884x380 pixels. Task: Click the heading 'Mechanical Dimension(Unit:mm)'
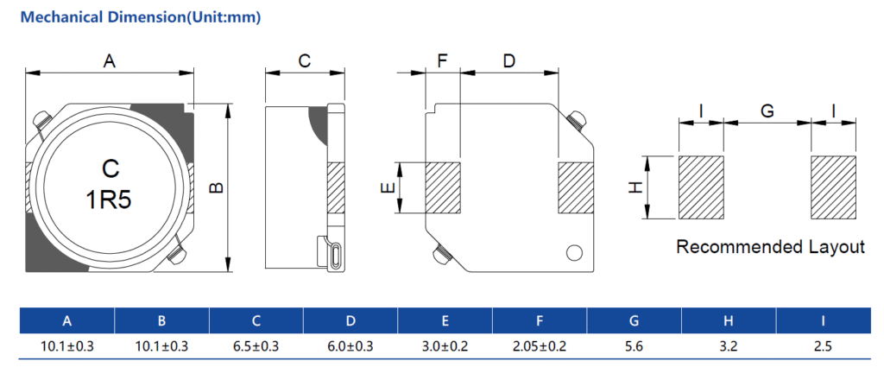140,17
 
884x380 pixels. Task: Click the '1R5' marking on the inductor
110,201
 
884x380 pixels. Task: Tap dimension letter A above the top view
109,61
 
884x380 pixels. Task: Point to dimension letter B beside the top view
217,187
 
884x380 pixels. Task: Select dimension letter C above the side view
304,61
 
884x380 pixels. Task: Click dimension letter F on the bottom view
443,61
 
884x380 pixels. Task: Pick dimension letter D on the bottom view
508,61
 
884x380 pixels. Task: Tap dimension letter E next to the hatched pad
388,187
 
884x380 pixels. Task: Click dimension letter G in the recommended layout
767,111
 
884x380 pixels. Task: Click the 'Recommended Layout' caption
770,247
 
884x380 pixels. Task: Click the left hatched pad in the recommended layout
701,187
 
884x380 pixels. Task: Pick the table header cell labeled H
729,321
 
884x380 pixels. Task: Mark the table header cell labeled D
350,321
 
